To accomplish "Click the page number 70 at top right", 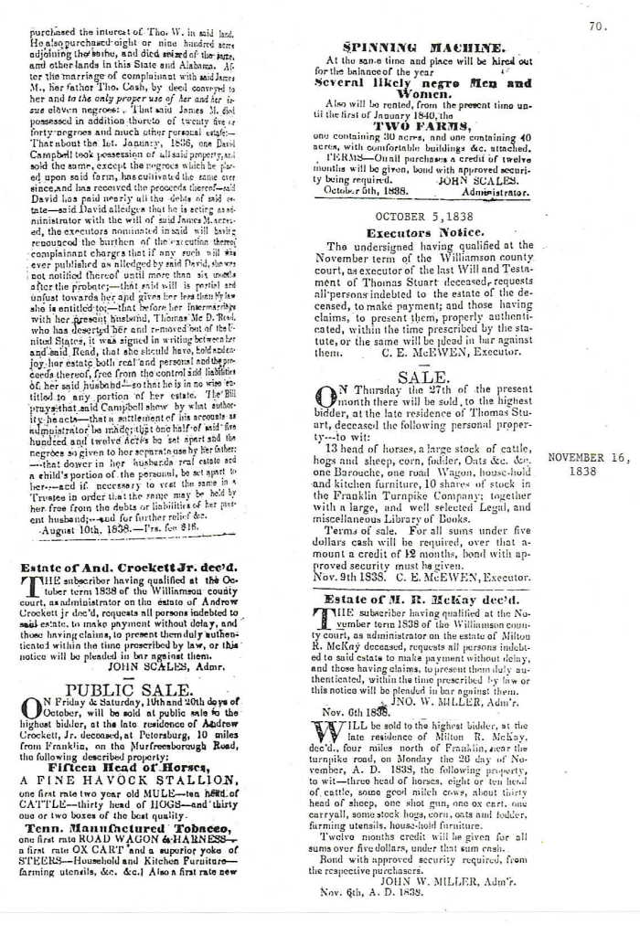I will tap(597, 27).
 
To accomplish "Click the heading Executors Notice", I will tap(423, 233).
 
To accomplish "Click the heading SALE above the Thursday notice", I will tap(421, 376).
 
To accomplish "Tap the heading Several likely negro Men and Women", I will tap(422, 89).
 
